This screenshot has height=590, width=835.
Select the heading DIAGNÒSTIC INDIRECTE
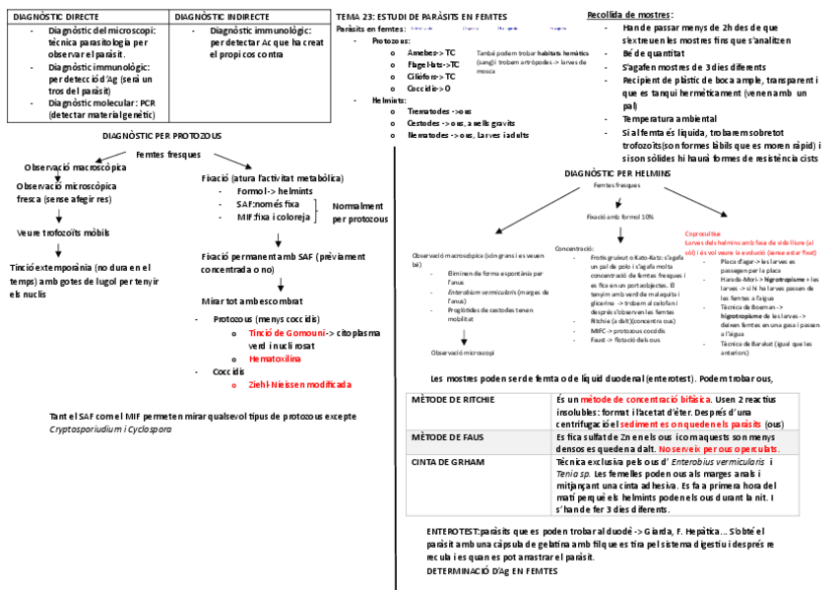click(221, 17)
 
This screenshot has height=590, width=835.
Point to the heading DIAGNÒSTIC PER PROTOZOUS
click(162, 135)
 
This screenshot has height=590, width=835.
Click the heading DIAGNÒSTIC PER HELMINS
click(618, 173)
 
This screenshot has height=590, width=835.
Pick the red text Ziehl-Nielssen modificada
click(299, 384)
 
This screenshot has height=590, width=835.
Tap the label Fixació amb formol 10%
click(620, 216)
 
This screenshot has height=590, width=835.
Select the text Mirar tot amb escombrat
click(252, 299)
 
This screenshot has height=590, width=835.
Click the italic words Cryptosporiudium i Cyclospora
click(110, 429)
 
